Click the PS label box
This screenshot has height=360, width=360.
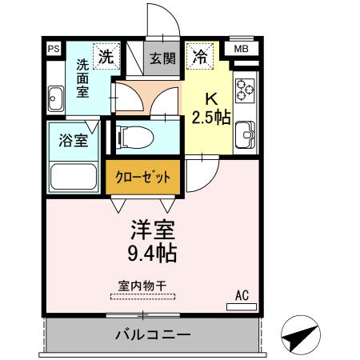pyautogui.click(x=54, y=49)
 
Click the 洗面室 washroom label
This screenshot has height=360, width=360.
pyautogui.click(x=82, y=78)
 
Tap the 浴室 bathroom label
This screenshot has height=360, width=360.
pyautogui.click(x=73, y=141)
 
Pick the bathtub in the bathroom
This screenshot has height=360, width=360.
pyautogui.click(x=74, y=174)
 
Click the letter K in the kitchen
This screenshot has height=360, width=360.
pyautogui.click(x=212, y=99)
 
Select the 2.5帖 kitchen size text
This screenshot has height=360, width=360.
pyautogui.click(x=211, y=118)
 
